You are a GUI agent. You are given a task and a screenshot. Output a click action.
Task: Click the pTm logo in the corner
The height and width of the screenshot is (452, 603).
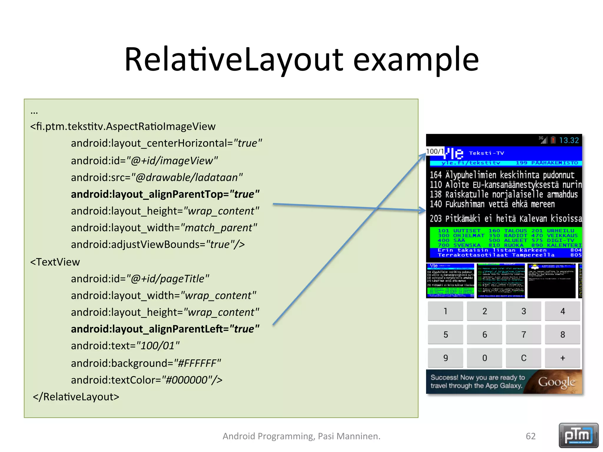pyautogui.click(x=578, y=435)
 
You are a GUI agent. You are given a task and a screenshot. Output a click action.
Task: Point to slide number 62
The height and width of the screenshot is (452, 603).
pyautogui.click(x=531, y=436)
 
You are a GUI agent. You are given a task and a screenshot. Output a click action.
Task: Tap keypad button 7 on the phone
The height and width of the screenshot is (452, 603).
pyautogui.click(x=523, y=335)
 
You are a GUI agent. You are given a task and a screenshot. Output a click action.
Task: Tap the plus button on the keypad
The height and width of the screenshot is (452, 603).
pyautogui.click(x=562, y=358)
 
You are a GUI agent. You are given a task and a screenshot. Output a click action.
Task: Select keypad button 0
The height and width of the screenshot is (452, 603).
pyautogui.click(x=484, y=358)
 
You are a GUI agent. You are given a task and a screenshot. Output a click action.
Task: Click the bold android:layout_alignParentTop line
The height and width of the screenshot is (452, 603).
pyautogui.click(x=165, y=194)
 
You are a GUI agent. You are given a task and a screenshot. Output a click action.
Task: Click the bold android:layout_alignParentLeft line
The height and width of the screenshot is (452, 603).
pyautogui.click(x=165, y=329)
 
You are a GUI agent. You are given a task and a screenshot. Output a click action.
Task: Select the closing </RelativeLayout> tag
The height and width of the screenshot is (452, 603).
pyautogui.click(x=76, y=397)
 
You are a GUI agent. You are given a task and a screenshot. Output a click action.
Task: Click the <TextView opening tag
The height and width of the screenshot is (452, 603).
pyautogui.click(x=55, y=262)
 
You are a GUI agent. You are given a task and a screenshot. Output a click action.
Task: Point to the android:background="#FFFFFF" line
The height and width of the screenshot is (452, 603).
pyautogui.click(x=146, y=363)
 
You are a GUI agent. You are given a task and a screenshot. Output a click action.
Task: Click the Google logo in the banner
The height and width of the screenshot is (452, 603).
pyautogui.click(x=556, y=382)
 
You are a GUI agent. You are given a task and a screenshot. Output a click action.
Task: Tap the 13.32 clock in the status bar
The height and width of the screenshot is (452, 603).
pyautogui.click(x=569, y=140)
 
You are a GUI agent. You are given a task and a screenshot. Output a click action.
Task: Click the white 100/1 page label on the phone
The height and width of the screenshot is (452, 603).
pyautogui.click(x=435, y=151)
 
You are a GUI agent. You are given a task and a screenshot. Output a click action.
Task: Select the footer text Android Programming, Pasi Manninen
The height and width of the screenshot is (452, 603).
pyautogui.click(x=301, y=436)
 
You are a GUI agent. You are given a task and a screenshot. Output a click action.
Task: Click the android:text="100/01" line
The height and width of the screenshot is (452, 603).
pyautogui.click(x=125, y=346)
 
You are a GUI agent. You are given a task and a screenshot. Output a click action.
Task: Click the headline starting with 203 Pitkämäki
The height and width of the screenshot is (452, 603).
pyautogui.click(x=505, y=219)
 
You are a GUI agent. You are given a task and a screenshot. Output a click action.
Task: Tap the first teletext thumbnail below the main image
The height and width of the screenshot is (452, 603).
pyautogui.click(x=450, y=281)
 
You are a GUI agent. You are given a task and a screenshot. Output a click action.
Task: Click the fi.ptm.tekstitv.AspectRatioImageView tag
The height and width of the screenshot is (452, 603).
pyautogui.click(x=123, y=127)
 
